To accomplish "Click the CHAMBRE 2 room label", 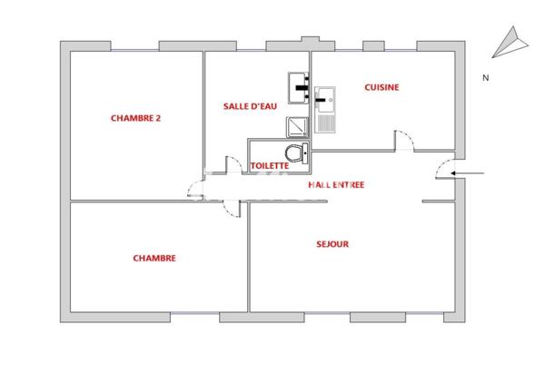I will pos(135,117).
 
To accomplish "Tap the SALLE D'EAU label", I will pos(250,106).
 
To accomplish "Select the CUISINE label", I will pos(381,87).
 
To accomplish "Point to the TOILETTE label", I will pos(269,166).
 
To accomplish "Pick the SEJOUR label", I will pos(332,243).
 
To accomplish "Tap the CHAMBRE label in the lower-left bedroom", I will pos(154,258).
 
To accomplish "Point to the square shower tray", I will pos(298,126).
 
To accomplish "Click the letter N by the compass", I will pos(486,77).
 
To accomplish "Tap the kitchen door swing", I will pos(404,143).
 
